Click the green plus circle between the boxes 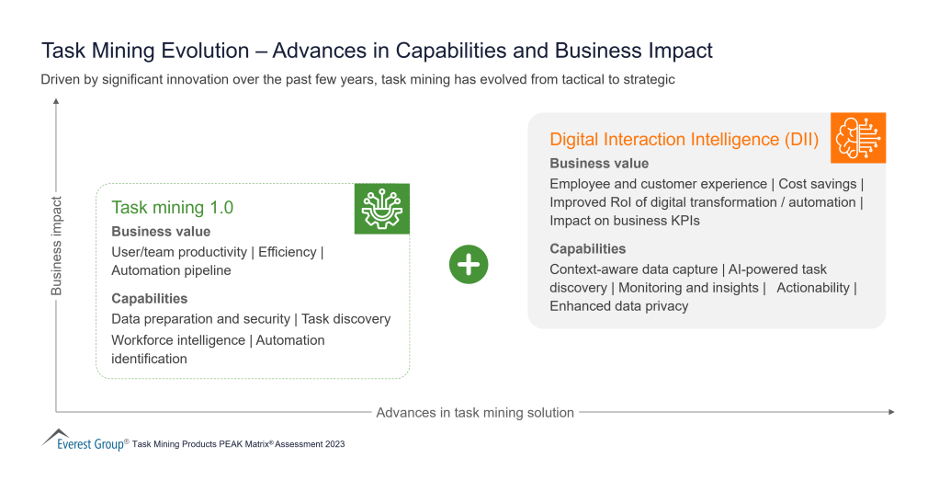(x=469, y=265)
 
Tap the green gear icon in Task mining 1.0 (x=382, y=209)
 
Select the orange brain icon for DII (x=858, y=138)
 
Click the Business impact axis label (x=57, y=246)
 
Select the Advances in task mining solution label (x=475, y=413)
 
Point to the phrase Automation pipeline (x=171, y=270)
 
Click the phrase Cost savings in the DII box (x=817, y=184)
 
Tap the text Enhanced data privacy (x=618, y=306)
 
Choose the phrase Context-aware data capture (x=632, y=269)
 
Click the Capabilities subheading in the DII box (x=587, y=248)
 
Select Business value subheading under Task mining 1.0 (x=161, y=232)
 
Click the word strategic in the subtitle (x=645, y=80)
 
